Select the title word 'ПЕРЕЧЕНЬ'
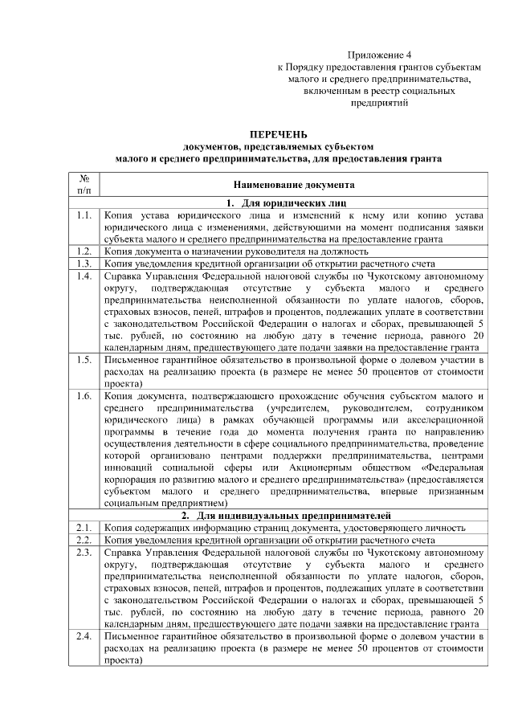tap(278, 134)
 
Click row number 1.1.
tap(84, 216)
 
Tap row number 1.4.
tap(84, 277)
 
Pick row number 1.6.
tap(84, 397)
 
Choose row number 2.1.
tap(84, 527)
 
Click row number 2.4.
tap(84, 637)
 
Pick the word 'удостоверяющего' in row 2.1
tap(385, 527)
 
